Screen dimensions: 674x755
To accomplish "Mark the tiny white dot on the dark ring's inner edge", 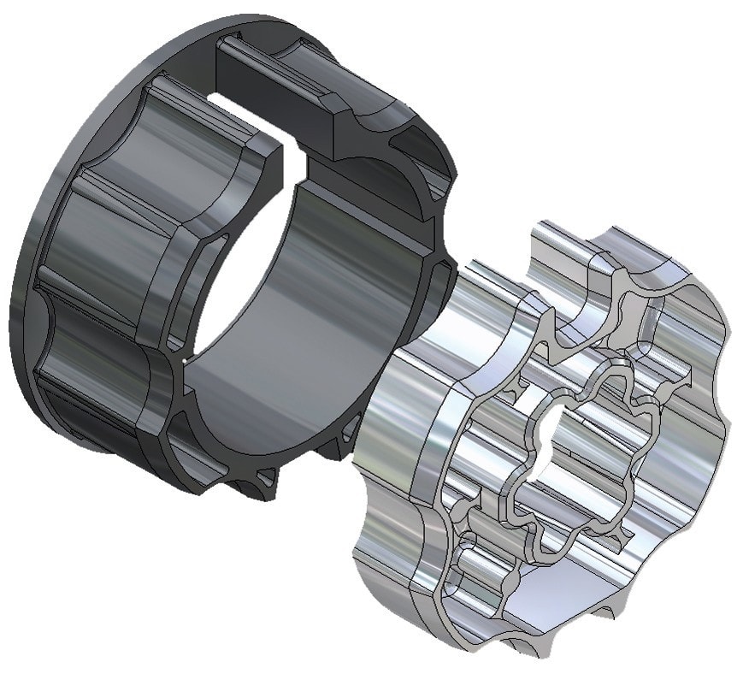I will pos(184,363).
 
